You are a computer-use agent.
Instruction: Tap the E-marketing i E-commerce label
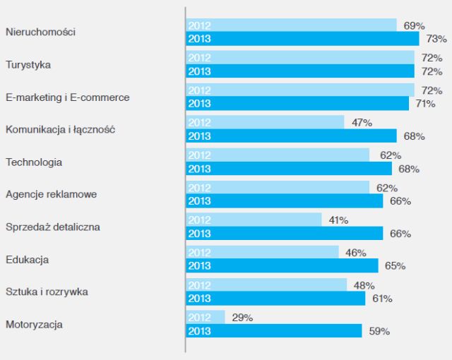point(68,97)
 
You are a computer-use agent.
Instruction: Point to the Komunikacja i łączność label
point(60,130)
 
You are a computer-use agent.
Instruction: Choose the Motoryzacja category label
point(34,325)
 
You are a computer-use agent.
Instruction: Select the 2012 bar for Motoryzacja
point(206,318)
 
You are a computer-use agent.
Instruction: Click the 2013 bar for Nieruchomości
point(302,39)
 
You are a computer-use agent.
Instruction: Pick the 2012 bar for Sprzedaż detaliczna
point(254,220)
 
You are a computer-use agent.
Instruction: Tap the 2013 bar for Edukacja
point(282,266)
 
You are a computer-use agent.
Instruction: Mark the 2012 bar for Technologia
point(278,155)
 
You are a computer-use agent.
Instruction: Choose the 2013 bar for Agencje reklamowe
point(284,201)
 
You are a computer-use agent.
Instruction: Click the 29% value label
point(242,318)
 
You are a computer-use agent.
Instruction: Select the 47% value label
point(362,123)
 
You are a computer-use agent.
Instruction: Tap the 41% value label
point(338,220)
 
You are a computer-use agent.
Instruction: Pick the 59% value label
point(379,331)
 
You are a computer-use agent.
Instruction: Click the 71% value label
point(425,104)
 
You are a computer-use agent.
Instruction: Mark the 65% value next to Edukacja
point(395,266)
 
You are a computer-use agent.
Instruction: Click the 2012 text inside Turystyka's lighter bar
point(200,58)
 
